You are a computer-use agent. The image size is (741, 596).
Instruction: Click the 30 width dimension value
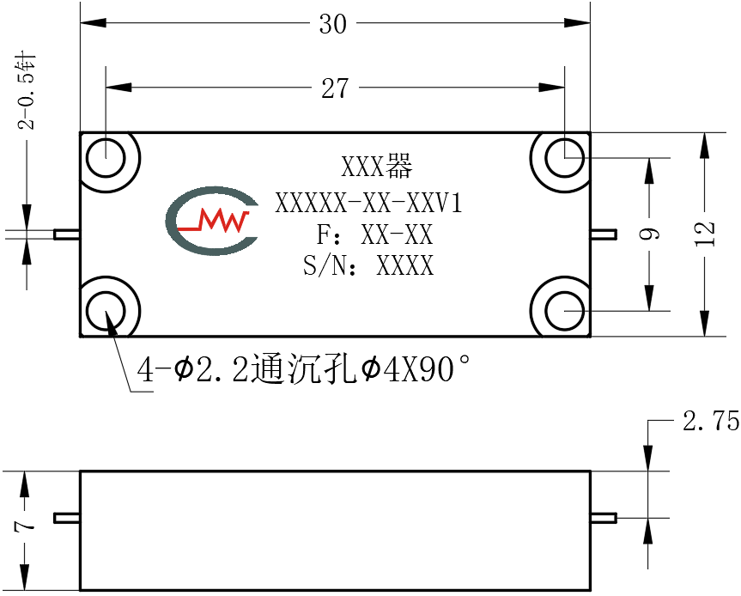[332, 24]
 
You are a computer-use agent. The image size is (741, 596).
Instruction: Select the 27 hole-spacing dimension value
[335, 88]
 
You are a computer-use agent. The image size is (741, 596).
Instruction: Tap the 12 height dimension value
[705, 234]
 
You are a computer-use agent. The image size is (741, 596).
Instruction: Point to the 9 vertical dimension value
[649, 234]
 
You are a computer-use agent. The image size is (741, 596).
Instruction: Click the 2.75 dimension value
[711, 420]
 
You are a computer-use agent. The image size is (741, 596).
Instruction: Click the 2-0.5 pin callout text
[27, 93]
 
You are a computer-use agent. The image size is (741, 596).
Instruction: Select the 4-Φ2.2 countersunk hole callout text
[304, 369]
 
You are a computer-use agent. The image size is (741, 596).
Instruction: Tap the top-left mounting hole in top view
[106, 158]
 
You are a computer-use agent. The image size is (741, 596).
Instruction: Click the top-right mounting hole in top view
[565, 158]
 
